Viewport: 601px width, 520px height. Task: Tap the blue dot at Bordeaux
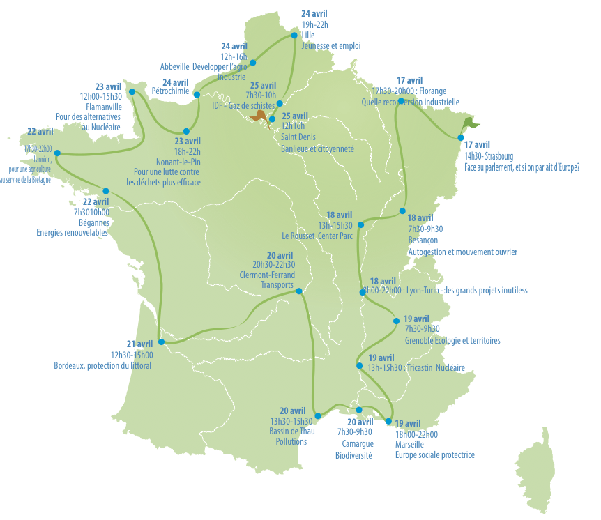pyautogui.click(x=161, y=342)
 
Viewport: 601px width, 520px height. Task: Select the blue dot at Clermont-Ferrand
pyautogui.click(x=299, y=291)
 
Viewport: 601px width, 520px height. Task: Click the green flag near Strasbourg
pyautogui.click(x=473, y=123)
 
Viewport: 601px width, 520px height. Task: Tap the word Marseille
pyautogui.click(x=409, y=444)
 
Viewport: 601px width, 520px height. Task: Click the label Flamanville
pyautogui.click(x=103, y=107)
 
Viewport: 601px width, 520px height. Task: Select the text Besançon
pyautogui.click(x=423, y=240)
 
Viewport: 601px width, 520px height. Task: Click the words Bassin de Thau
pyautogui.click(x=292, y=431)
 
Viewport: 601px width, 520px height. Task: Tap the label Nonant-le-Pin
pyautogui.click(x=177, y=161)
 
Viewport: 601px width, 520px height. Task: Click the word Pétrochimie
pyautogui.click(x=170, y=91)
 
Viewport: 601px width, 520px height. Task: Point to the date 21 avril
pyautogui.click(x=139, y=344)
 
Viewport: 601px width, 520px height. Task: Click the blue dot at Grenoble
pyautogui.click(x=397, y=321)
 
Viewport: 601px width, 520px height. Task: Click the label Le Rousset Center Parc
pyautogui.click(x=317, y=236)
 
